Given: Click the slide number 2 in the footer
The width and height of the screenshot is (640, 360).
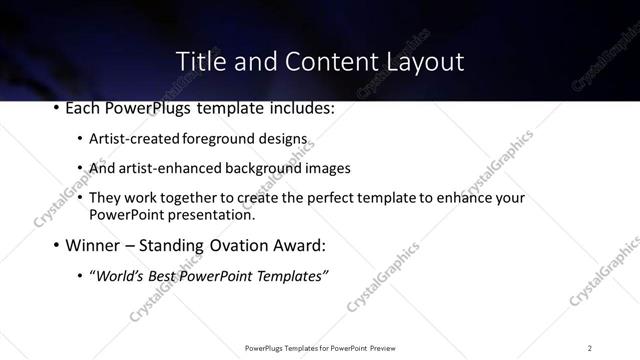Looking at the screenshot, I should click(590, 347).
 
